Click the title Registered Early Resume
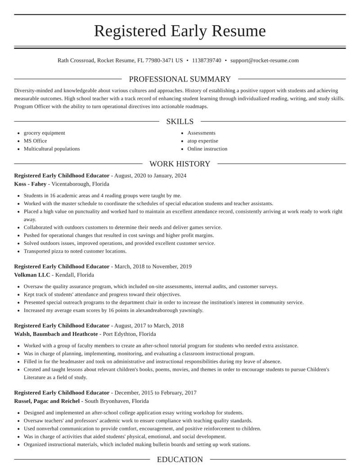point(180,31)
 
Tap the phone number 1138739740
point(207,60)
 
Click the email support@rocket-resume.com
point(265,60)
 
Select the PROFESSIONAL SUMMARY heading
point(180,79)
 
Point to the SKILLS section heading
point(180,122)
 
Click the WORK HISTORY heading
point(180,164)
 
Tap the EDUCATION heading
point(180,460)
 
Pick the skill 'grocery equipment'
point(44,133)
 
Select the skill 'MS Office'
point(35,141)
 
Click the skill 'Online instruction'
point(207,149)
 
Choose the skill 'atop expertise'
point(202,141)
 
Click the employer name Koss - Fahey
point(30,184)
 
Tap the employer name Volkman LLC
point(32,275)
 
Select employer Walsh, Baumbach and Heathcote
point(56,334)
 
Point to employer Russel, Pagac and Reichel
point(47,401)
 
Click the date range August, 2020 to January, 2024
point(150,176)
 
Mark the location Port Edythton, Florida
point(130,334)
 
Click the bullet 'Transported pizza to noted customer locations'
point(75,251)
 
